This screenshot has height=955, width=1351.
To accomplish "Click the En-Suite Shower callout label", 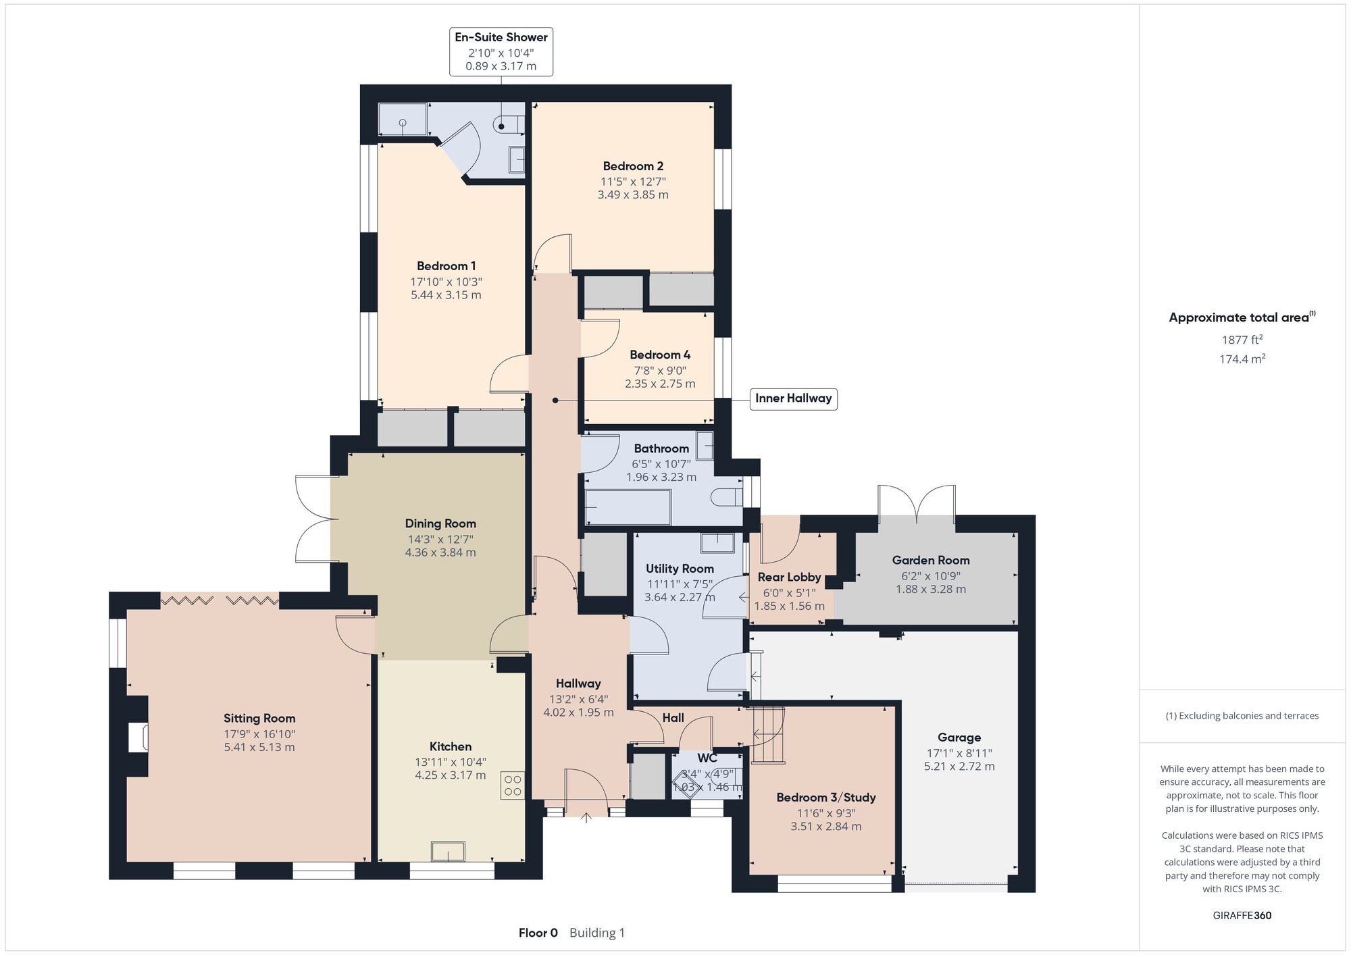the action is (501, 51).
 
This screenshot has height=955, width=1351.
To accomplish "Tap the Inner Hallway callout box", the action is (793, 398).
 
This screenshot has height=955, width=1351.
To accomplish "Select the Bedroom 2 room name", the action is (633, 166).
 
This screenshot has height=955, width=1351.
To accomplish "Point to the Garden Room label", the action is (931, 560).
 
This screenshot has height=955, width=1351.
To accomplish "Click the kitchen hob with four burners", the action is (513, 785).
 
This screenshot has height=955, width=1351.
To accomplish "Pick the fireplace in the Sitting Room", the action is (138, 737).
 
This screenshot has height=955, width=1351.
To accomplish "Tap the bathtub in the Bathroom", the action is (628, 507).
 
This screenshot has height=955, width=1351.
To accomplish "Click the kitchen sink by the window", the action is (448, 851).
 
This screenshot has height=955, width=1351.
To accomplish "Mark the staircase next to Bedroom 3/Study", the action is (768, 735).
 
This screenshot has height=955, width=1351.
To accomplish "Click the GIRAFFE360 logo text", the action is (1242, 916).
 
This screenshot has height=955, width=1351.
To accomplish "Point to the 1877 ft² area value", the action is (1242, 340).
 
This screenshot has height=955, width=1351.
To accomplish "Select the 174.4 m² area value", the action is (1242, 359).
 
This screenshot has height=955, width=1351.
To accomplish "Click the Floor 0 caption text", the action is (538, 933).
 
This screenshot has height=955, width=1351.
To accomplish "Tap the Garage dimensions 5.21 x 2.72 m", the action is (959, 767).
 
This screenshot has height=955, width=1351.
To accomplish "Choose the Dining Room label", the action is (440, 523).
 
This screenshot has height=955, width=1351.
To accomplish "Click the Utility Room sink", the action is (717, 544).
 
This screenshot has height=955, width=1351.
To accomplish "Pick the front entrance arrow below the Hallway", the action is (586, 818).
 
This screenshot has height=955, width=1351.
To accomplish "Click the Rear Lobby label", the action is (789, 577).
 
